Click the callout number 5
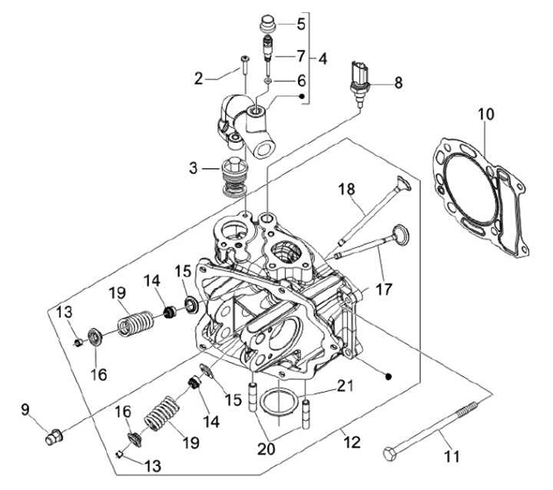coord(301,24)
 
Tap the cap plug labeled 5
coord(267,24)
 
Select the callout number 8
coord(398,83)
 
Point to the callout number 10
coord(486,114)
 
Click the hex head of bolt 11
coord(390,454)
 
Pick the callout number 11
coord(452,456)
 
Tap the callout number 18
coord(346,189)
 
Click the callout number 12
coord(352,442)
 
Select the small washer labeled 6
coord(268,81)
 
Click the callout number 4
coord(323,59)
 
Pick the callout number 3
coord(194,168)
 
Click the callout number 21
coord(345,386)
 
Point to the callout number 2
coord(199,79)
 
